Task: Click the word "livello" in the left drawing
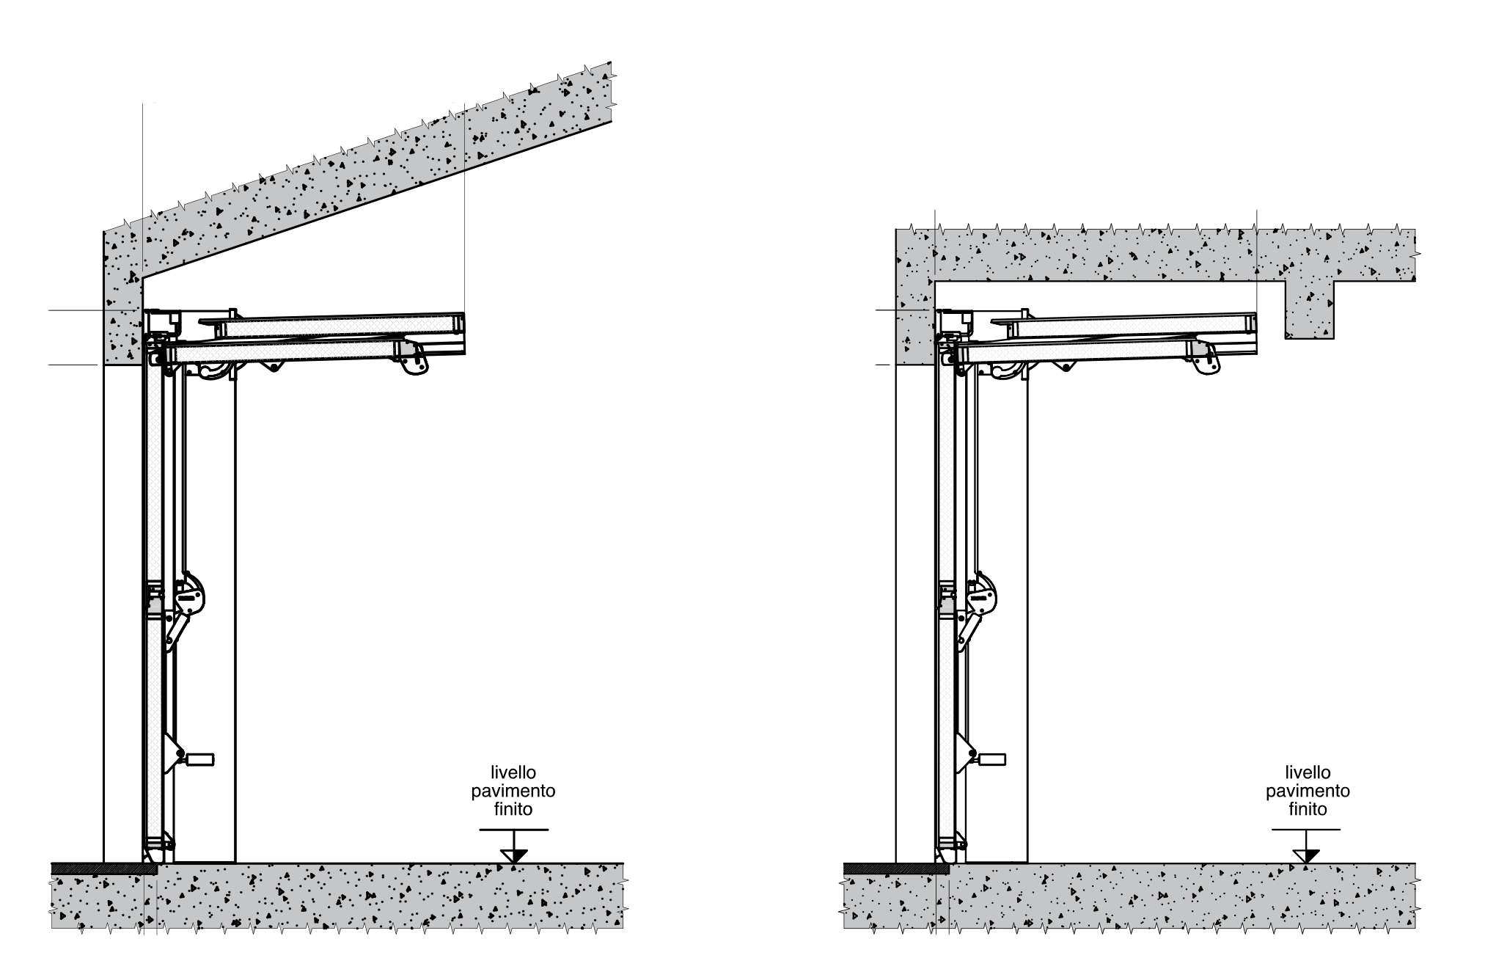pyautogui.click(x=513, y=772)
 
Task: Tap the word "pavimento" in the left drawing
pyautogui.click(x=513, y=791)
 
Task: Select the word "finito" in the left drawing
pyautogui.click(x=513, y=810)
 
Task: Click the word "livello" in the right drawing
pyautogui.click(x=1308, y=772)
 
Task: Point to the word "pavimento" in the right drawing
pyautogui.click(x=1308, y=791)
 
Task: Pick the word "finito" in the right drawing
pyautogui.click(x=1308, y=810)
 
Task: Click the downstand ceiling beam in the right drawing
pyautogui.click(x=1309, y=309)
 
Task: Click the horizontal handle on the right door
pyautogui.click(x=989, y=758)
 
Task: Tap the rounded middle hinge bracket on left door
pyautogui.click(x=189, y=593)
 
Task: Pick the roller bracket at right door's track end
pyautogui.click(x=1206, y=360)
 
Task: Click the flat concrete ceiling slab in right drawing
pyautogui.click(x=1155, y=255)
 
